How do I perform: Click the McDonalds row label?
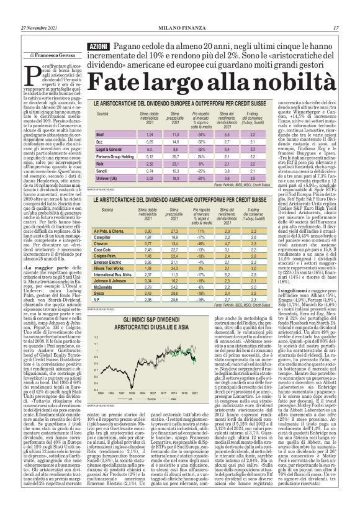pos(106,287)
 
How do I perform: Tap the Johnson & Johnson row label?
pos(112,281)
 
